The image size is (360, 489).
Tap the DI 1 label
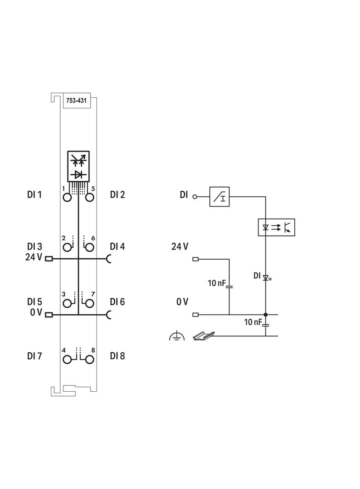(x=34, y=195)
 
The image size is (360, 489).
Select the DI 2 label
(x=118, y=195)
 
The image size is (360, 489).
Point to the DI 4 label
(x=118, y=247)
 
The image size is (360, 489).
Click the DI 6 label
(x=118, y=302)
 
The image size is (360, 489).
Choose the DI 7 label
(x=34, y=356)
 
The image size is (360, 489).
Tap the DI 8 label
(x=118, y=356)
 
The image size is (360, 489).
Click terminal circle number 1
(x=67, y=198)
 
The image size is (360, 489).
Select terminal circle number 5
(x=90, y=198)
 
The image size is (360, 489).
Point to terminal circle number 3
(x=67, y=303)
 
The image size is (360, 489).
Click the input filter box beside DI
(x=219, y=196)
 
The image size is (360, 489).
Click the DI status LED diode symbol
(x=265, y=278)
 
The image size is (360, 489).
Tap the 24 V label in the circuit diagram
(x=180, y=247)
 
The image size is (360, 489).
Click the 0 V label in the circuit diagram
(x=182, y=302)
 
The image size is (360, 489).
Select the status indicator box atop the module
(x=79, y=166)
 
